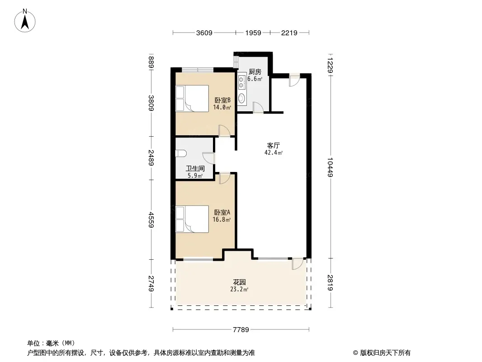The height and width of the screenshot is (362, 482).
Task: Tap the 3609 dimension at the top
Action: tap(204, 33)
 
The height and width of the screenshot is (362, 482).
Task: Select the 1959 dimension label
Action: tap(253, 33)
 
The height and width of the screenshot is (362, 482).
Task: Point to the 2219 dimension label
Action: tap(289, 33)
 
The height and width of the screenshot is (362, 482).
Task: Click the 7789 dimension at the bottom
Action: tap(241, 330)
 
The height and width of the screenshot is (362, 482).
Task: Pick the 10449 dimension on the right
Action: tap(330, 167)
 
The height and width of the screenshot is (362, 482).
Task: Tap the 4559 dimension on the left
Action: tap(151, 219)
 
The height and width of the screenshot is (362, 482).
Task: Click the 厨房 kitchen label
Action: tap(255, 71)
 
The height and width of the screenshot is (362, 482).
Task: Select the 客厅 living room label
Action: tap(273, 145)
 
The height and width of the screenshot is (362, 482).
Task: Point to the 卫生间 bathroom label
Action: tap(195, 168)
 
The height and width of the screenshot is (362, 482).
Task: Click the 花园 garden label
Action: tap(239, 282)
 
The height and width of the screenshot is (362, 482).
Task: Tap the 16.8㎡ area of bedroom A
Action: tap(222, 219)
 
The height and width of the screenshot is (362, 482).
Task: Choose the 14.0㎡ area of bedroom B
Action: tap(222, 107)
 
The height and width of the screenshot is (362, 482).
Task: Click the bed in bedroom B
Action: tap(192, 99)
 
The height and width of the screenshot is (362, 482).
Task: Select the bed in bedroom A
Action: tap(192, 219)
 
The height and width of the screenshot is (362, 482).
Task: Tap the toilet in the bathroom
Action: tap(181, 153)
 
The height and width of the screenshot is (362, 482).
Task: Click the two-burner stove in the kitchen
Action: tap(241, 82)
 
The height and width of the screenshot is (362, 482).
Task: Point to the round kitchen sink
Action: tap(241, 98)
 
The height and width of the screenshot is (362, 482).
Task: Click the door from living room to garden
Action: tap(298, 264)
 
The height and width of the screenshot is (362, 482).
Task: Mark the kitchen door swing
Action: tap(258, 108)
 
